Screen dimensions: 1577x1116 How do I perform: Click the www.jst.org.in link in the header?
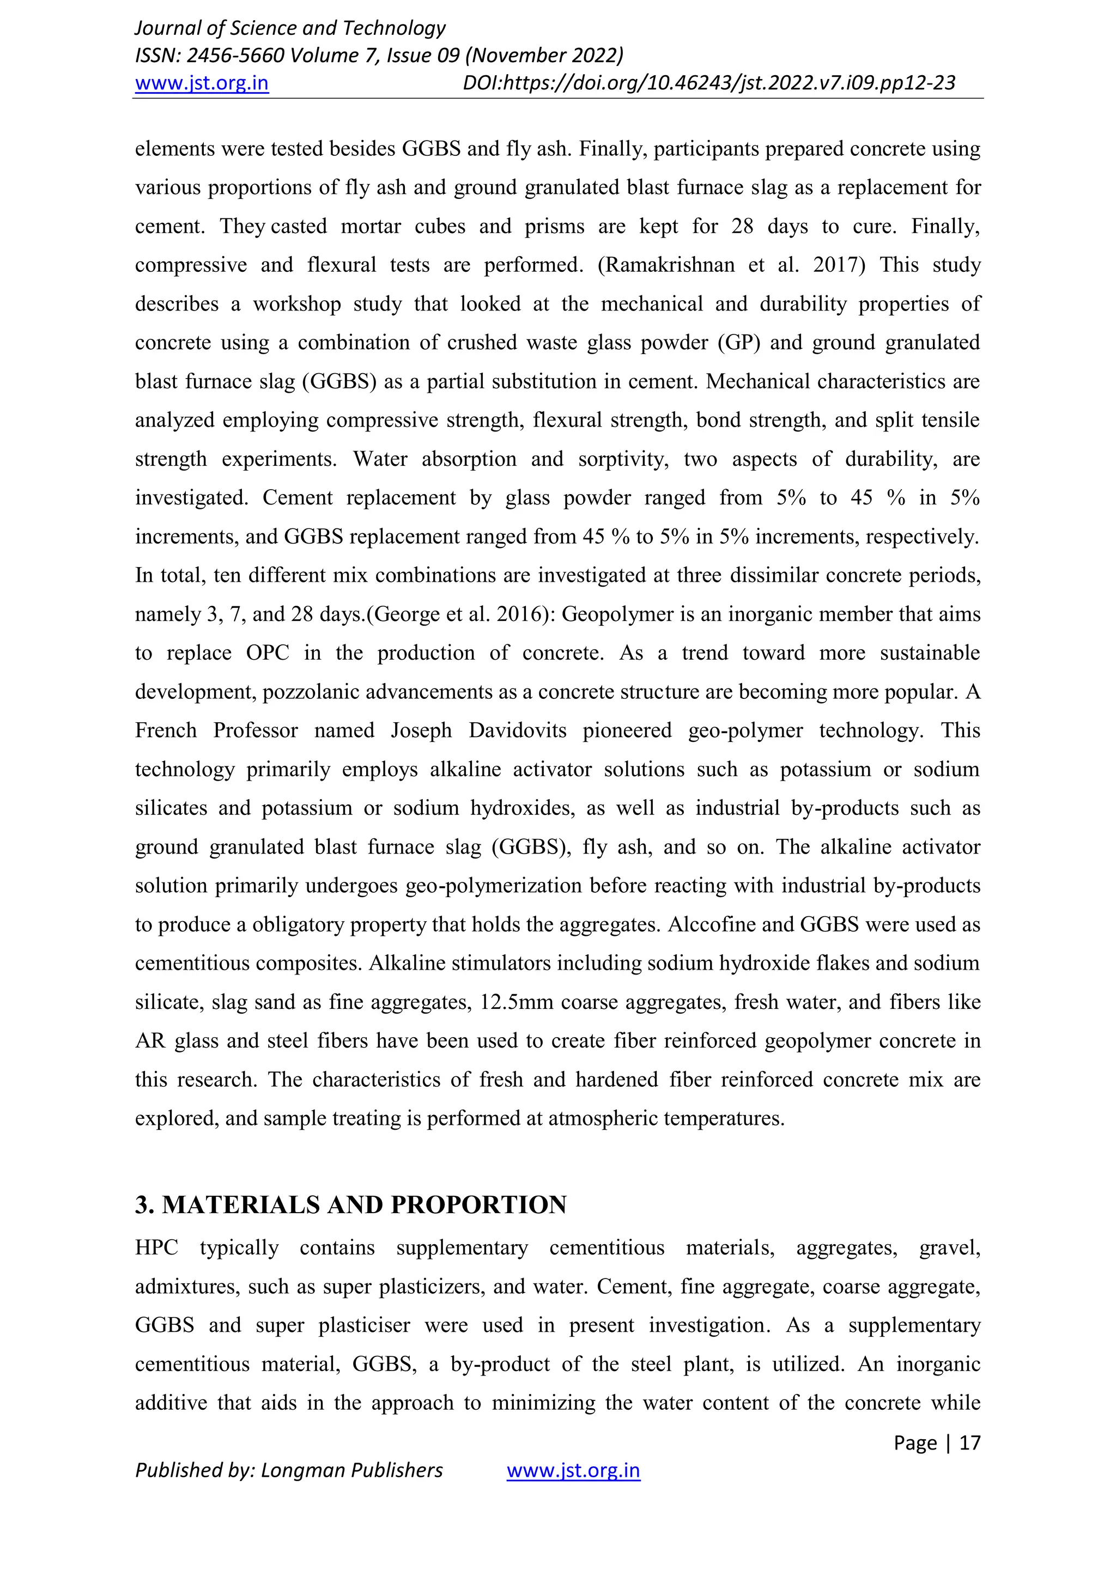click(201, 83)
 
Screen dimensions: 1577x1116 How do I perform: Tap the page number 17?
click(969, 1442)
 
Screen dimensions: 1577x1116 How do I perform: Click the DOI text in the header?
click(709, 83)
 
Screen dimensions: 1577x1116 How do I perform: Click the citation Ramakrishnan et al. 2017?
click(731, 265)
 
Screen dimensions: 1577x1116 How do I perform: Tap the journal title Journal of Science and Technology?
click(290, 28)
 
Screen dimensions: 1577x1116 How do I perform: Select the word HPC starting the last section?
click(157, 1248)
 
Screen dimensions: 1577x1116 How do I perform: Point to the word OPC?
click(268, 653)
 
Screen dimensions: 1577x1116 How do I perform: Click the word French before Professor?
click(166, 730)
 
